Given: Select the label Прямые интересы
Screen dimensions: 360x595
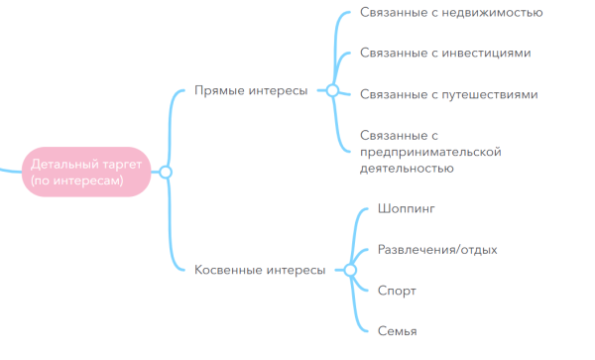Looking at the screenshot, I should (250, 90).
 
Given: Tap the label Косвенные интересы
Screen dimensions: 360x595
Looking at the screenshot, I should (259, 270).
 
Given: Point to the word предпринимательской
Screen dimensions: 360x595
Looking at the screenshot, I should (430, 152).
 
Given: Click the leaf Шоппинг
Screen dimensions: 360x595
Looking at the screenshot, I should (407, 209).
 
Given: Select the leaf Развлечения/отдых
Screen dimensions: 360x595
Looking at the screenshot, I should (437, 250).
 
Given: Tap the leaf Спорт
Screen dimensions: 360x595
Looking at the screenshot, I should (397, 291).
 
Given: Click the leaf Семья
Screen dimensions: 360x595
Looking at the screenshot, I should (397, 331).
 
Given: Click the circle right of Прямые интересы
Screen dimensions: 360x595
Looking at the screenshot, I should (332, 90).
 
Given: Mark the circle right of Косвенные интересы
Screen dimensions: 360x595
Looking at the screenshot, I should (349, 270).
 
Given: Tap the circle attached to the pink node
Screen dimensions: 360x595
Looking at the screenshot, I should (166, 173).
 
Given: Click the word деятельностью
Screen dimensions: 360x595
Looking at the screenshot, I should (407, 170).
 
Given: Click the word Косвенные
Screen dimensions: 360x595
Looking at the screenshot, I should (227, 270).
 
